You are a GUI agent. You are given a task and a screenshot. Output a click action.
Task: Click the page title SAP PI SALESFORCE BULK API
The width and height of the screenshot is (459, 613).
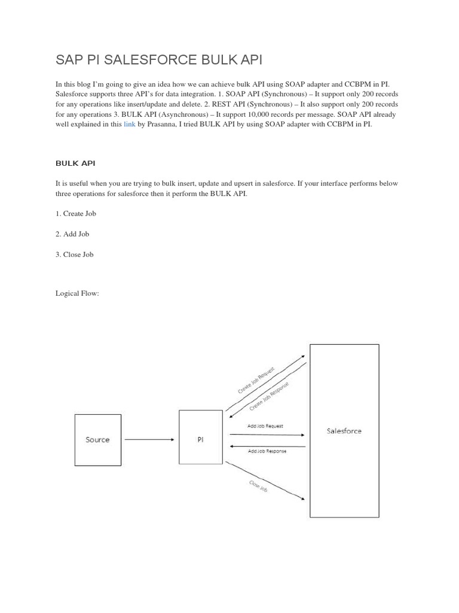tap(159, 60)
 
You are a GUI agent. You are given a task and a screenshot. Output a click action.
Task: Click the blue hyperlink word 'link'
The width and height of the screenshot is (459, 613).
tap(130, 125)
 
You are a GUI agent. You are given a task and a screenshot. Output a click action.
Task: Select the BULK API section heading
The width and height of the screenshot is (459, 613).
tap(75, 163)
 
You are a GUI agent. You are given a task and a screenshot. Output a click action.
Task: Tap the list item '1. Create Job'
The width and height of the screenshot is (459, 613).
tap(76, 214)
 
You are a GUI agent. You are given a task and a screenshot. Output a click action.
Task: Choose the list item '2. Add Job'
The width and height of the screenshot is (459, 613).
tap(72, 234)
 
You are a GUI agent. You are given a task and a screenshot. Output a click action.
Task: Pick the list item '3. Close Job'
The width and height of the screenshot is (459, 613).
tap(75, 254)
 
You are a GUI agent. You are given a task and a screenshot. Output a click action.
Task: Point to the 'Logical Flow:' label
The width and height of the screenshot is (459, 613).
tap(77, 294)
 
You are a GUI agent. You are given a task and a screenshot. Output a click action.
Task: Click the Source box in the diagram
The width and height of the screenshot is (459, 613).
tap(97, 439)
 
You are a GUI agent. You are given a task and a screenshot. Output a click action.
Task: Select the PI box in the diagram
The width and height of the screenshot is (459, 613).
tap(200, 439)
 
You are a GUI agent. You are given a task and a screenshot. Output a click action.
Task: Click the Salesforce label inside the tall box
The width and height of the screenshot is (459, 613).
tap(344, 430)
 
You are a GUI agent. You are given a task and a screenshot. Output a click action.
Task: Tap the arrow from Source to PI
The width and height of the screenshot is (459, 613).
tap(149, 439)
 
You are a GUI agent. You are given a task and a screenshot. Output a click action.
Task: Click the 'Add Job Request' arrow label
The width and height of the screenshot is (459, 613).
tap(265, 426)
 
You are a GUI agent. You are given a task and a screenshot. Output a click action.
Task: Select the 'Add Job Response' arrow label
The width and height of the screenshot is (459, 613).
tap(267, 451)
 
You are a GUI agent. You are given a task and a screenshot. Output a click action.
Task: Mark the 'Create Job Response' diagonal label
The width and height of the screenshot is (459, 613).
tap(269, 396)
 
